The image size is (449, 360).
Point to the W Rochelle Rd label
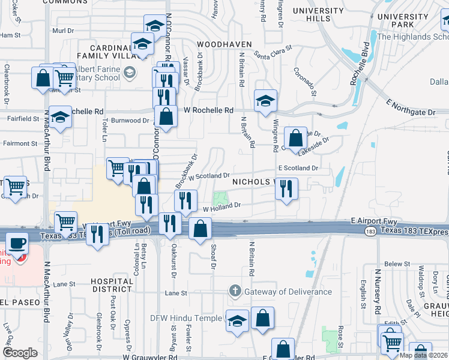(x=208, y=110)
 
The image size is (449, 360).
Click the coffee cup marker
(x=17, y=244)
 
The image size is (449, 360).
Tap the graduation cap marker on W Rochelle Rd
(x=265, y=100)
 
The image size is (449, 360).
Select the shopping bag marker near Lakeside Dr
(x=295, y=138)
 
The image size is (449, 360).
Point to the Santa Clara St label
(x=273, y=52)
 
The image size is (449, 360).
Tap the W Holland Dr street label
(x=221, y=206)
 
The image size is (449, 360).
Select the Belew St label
(x=397, y=264)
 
